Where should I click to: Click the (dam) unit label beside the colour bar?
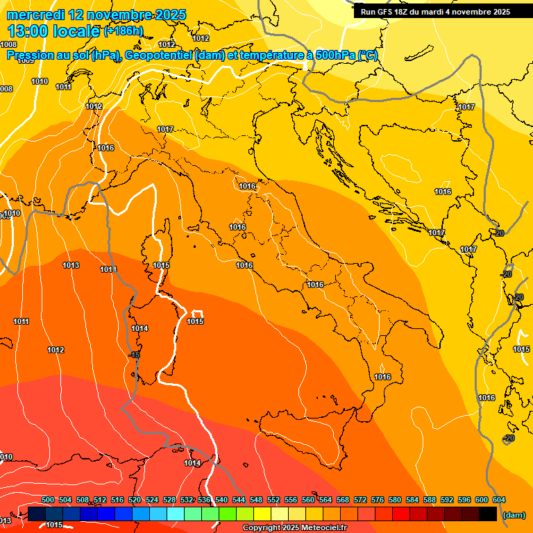(x=514, y=514)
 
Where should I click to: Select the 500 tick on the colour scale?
(x=48, y=500)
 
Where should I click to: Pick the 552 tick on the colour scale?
(x=273, y=500)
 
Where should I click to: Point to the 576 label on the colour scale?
(x=378, y=500)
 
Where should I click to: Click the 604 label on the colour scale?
(x=499, y=500)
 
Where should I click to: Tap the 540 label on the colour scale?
(x=221, y=500)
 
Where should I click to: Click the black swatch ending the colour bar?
(x=488, y=514)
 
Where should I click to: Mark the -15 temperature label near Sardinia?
(x=135, y=355)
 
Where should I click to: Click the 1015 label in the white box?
(x=195, y=321)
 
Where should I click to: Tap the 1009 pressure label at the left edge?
(x=26, y=61)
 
